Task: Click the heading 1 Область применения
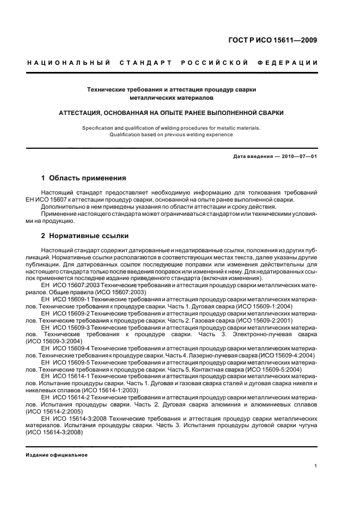pos(83,178)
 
